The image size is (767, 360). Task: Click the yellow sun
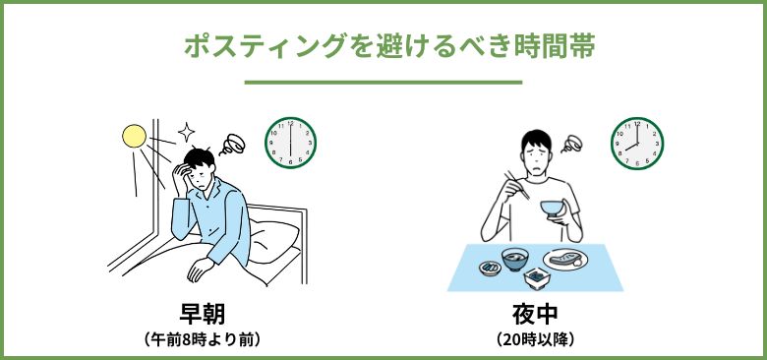[134, 136]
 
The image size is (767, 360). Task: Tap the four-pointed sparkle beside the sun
[187, 132]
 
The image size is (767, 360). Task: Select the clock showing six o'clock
[290, 143]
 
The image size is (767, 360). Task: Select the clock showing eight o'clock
[637, 144]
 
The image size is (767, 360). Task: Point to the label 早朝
[202, 315]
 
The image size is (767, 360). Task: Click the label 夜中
[535, 315]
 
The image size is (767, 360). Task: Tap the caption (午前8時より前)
[202, 339]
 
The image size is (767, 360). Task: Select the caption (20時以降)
[535, 339]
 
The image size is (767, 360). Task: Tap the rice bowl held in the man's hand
[553, 209]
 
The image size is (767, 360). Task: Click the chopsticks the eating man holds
[517, 185]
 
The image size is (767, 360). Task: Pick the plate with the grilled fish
[565, 260]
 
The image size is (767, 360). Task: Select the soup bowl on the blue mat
[515, 259]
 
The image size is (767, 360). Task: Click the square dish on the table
[537, 278]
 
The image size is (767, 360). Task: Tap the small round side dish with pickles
[490, 269]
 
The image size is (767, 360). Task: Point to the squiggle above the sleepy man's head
[232, 145]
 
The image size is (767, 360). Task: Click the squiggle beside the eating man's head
[571, 144]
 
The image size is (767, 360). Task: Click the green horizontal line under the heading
[383, 83]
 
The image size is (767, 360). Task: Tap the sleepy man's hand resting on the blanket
[199, 269]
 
